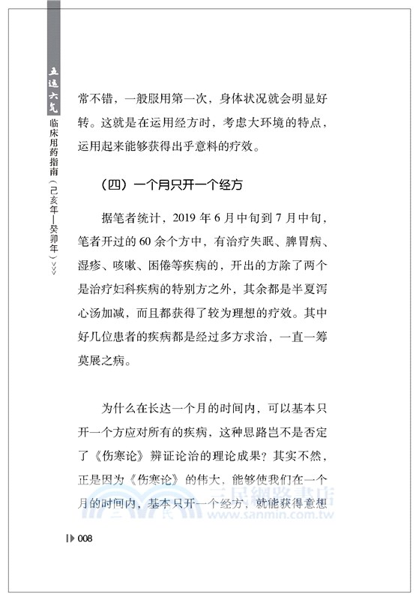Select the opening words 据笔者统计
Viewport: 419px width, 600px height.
131,220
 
